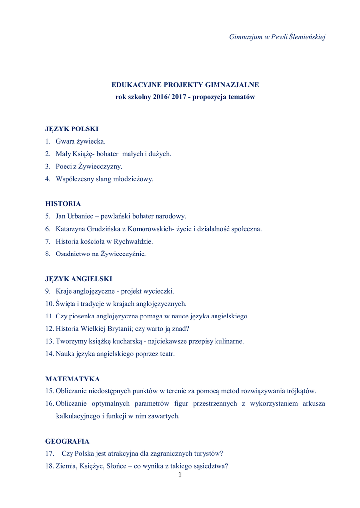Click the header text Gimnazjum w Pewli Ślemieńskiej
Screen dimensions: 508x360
(x=277, y=37)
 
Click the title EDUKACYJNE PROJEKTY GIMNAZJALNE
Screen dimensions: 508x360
(x=185, y=85)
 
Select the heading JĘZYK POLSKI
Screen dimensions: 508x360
(x=72, y=129)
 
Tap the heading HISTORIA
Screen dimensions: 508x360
(x=63, y=204)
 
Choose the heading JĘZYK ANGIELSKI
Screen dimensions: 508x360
(x=78, y=279)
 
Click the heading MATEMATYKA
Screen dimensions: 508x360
(x=72, y=379)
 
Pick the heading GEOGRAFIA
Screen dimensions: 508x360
(x=68, y=441)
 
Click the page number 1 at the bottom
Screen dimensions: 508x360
(x=180, y=475)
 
